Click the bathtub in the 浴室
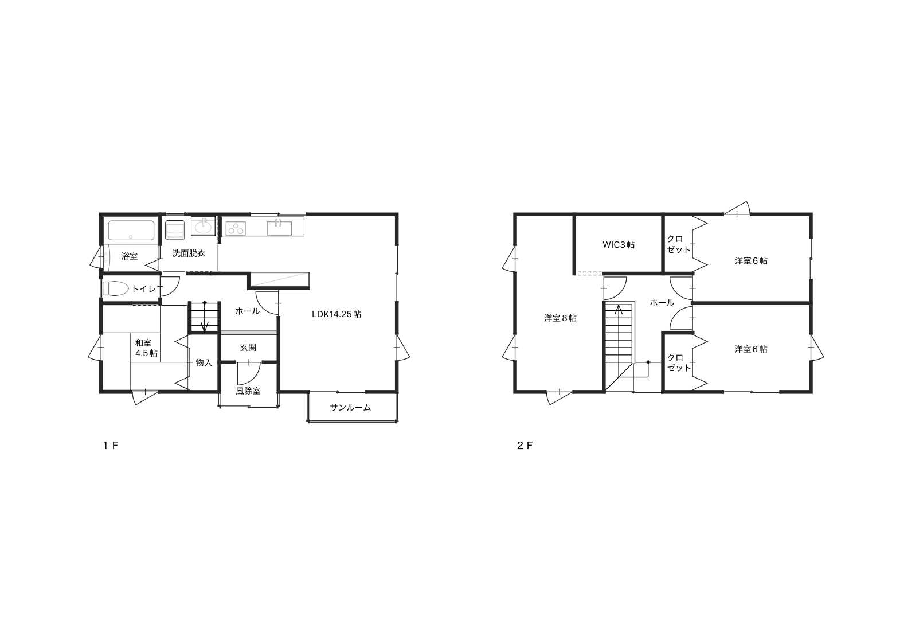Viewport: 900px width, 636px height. [131, 231]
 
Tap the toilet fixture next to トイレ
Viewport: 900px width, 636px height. [115, 288]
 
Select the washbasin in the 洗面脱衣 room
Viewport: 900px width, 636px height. [204, 228]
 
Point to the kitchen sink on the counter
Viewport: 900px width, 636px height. [279, 228]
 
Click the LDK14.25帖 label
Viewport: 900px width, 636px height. [336, 314]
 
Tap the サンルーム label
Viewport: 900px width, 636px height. [350, 408]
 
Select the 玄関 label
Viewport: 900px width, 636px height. [248, 348]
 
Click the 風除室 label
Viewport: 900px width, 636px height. [248, 391]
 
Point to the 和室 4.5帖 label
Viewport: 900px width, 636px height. [146, 348]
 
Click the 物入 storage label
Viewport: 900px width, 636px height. [204, 362]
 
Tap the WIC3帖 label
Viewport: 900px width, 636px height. [619, 245]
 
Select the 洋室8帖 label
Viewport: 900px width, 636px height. [560, 318]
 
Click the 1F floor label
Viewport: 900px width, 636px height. [111, 446]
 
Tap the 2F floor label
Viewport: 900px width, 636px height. [525, 446]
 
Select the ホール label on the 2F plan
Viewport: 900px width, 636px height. [662, 303]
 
